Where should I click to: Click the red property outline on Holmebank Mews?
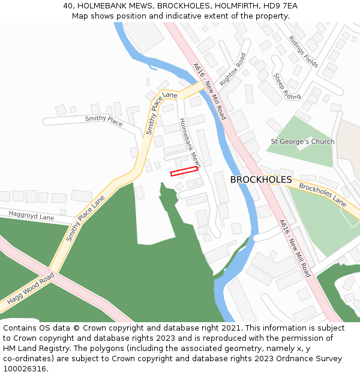(x=184, y=171)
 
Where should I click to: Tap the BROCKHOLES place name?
(x=261, y=179)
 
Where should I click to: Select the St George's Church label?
(x=302, y=142)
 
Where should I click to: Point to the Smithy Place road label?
(x=104, y=121)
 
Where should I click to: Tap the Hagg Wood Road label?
(x=31, y=288)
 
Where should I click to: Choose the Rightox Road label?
(x=233, y=68)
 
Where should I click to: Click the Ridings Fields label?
(x=304, y=50)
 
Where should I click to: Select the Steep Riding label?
(x=287, y=86)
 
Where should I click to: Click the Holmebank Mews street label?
(x=190, y=142)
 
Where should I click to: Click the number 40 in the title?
(x=68, y=6)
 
